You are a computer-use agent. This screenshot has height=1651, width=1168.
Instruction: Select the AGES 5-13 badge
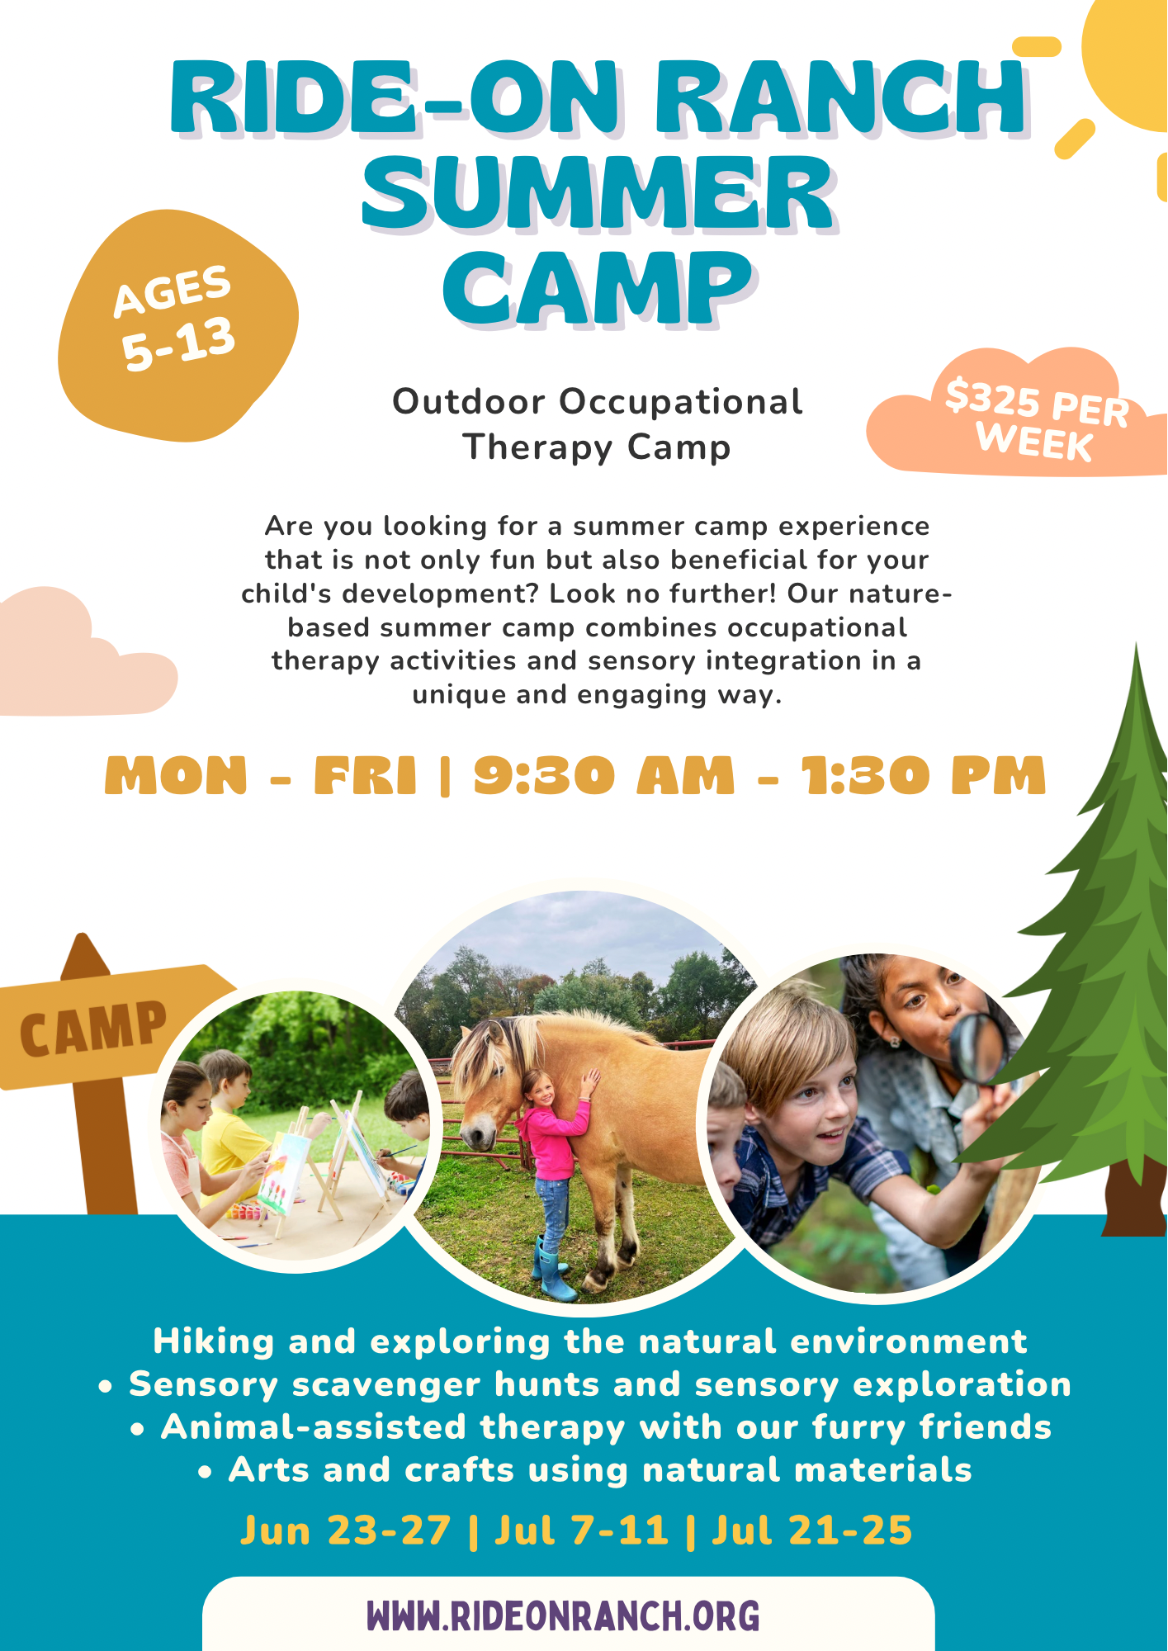coord(177,326)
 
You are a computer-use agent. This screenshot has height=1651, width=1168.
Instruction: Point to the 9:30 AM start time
coord(603,776)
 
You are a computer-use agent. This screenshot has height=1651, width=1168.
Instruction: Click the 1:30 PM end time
coord(923,776)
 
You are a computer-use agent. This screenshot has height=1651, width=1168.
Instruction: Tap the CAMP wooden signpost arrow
coord(107,1026)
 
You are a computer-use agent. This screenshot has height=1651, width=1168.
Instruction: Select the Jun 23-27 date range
coord(346,1530)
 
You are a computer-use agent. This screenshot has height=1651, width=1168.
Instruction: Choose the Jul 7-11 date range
coord(581,1530)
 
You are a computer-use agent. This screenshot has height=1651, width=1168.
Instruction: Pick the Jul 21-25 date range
coord(812,1530)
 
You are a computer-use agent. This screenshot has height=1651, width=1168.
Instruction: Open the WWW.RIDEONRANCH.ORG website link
coord(564,1616)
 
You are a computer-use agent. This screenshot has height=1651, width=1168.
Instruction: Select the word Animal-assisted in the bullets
coord(314,1427)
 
